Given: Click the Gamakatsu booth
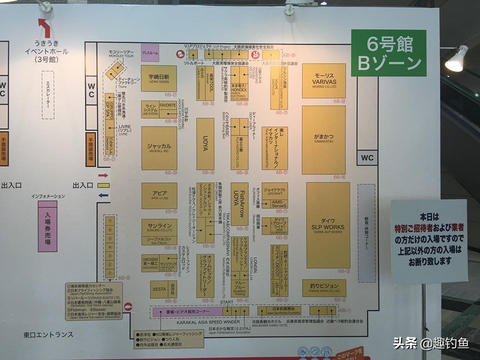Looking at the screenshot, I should coord(323,139).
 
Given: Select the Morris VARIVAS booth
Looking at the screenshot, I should coord(323,80).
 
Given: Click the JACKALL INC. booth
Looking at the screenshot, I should coord(159,147).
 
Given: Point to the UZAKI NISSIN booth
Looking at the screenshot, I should coord(158,78).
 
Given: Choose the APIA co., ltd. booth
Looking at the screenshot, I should coord(159,195).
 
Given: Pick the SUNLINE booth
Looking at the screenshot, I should coord(159,227).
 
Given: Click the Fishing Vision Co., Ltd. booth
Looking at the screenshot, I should coord(323,287).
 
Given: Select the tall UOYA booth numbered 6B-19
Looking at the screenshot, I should coord(205,143).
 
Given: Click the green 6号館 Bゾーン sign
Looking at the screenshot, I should coord(388,53).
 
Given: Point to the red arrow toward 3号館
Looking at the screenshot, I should coord(44,28).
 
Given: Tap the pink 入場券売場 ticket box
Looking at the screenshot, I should coord(47,225).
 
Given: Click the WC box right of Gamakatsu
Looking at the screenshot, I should coord(367,158).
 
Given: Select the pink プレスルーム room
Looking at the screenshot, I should coord(149,52).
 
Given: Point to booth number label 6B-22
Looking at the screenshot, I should coord(339,101).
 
